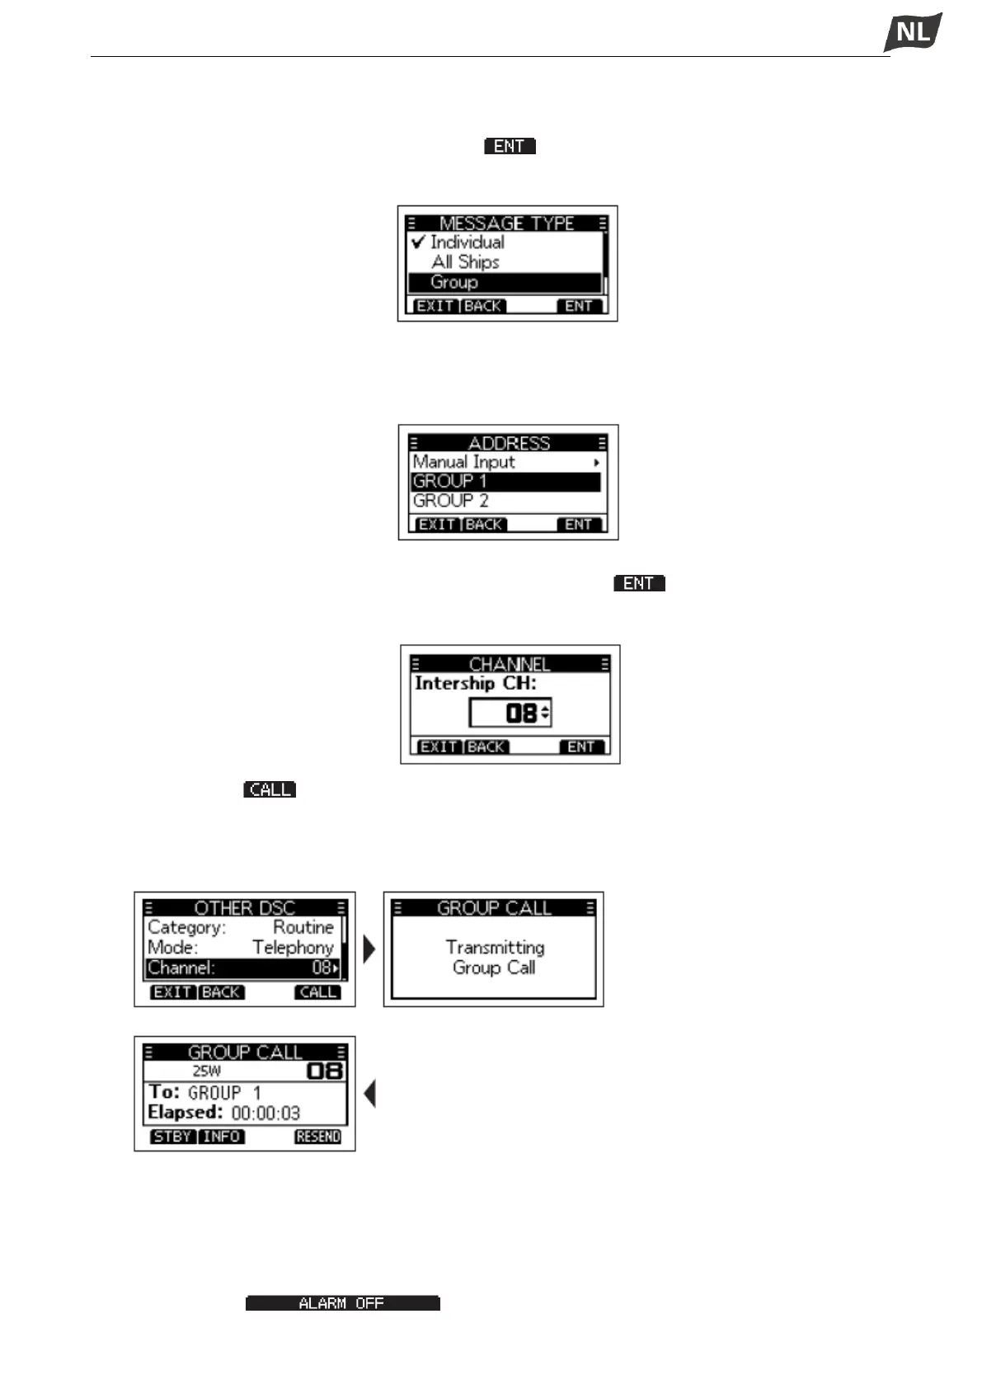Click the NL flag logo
click(x=913, y=33)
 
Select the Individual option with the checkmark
click(x=467, y=242)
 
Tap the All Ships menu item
click(x=465, y=262)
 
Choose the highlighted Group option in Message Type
click(x=454, y=282)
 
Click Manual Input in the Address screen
click(x=464, y=462)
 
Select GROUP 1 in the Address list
click(x=450, y=481)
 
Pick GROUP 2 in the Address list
click(x=451, y=501)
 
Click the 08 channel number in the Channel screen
click(x=520, y=713)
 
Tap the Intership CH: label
click(x=475, y=683)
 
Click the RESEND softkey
click(x=317, y=1137)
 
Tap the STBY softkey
click(x=172, y=1137)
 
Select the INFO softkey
click(x=221, y=1137)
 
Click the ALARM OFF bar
click(x=342, y=1303)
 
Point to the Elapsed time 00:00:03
click(x=265, y=1114)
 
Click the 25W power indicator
click(x=206, y=1071)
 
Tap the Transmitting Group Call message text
click(x=494, y=958)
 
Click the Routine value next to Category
click(x=303, y=928)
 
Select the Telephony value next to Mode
click(x=293, y=948)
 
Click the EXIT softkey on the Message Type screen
click(x=435, y=306)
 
